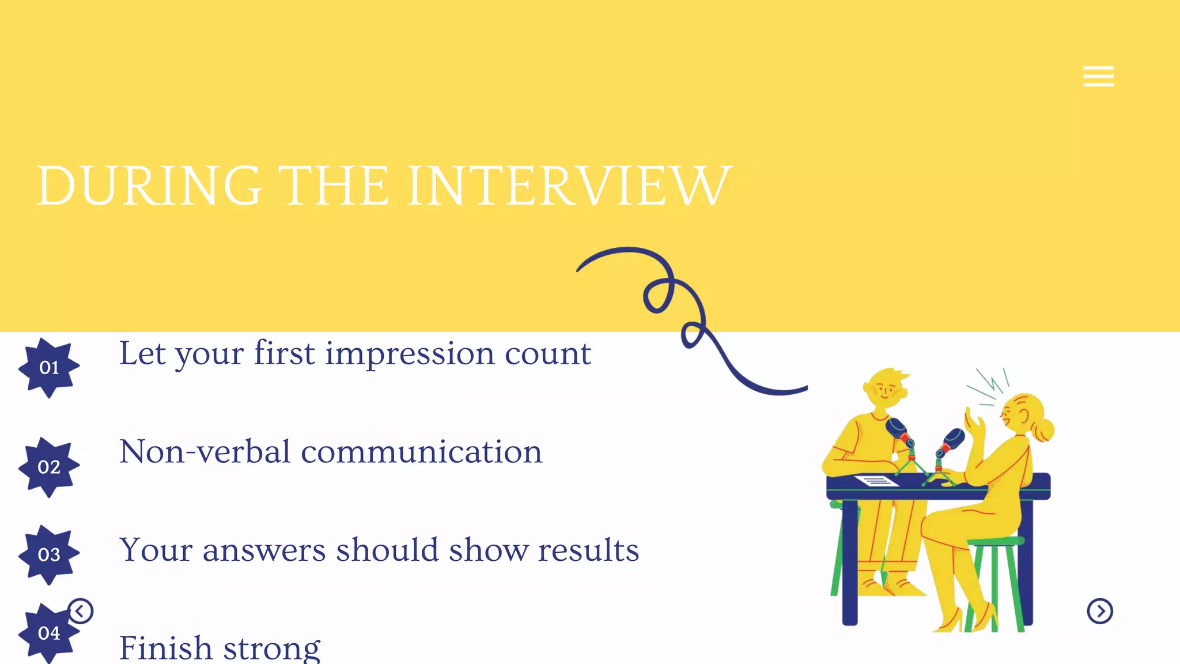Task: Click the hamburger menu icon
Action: click(x=1098, y=76)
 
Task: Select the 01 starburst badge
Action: click(x=49, y=368)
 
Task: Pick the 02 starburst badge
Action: click(x=49, y=467)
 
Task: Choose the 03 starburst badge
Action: click(x=49, y=554)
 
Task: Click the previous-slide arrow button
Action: click(x=81, y=611)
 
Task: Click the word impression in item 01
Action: click(x=410, y=353)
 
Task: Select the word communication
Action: click(x=421, y=452)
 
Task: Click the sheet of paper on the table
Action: click(x=876, y=481)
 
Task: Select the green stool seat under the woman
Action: click(x=995, y=541)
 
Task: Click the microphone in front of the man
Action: click(x=897, y=430)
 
